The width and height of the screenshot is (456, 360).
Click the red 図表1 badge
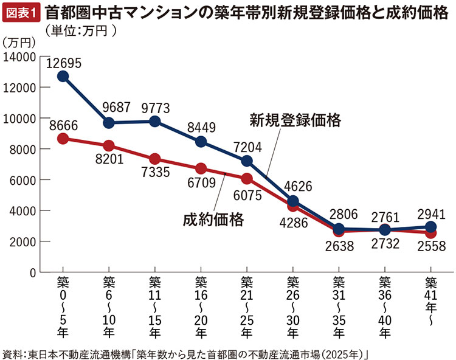[21, 13]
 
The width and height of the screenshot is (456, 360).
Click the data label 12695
[64, 63]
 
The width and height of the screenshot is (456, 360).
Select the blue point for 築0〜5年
[63, 77]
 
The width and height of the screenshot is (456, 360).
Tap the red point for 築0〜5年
[63, 139]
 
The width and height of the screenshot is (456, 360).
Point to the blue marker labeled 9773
[154, 121]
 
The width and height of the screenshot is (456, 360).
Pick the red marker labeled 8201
[109, 146]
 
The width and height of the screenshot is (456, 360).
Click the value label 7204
[247, 147]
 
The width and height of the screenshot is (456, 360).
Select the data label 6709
[201, 183]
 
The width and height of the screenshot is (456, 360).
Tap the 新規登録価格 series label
[295, 120]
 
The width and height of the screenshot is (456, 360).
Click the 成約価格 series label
[213, 220]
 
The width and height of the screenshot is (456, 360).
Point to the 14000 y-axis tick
[19, 57]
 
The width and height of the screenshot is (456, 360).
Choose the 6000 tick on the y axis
[22, 180]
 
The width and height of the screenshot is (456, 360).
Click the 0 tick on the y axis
[33, 273]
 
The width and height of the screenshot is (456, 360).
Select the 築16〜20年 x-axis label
[201, 307]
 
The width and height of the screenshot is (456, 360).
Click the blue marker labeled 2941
[430, 227]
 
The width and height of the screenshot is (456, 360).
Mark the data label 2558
[432, 246]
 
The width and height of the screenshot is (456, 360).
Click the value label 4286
[294, 223]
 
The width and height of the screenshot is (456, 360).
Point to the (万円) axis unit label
[19, 43]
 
